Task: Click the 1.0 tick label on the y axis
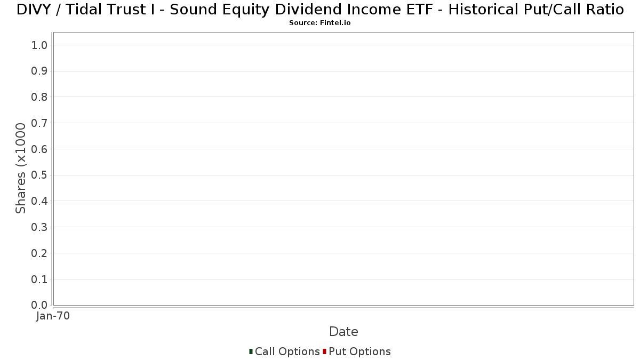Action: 39,45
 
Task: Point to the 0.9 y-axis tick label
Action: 39,71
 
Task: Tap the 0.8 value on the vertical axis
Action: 39,97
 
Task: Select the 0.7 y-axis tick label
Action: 39,123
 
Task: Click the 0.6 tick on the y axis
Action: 39,149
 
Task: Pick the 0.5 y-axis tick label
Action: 39,175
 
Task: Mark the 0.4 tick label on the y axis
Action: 39,201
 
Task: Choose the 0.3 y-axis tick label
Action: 39,227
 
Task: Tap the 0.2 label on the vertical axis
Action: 39,253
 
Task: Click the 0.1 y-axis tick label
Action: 39,279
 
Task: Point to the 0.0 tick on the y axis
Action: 39,305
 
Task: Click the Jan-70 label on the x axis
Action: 53,316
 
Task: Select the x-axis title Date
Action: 343,332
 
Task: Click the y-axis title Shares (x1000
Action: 21,169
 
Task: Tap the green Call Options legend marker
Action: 251,351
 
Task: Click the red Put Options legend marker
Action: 324,351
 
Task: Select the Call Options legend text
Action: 287,352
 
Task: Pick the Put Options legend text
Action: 359,352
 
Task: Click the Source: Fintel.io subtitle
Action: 319,23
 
